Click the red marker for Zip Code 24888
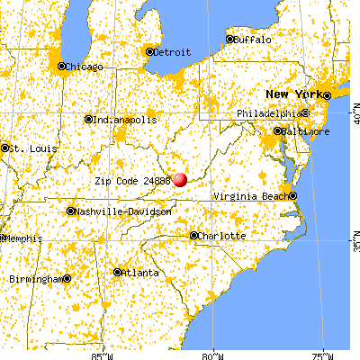180,179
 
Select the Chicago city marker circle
61,66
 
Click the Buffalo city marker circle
229,40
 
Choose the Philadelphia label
269,113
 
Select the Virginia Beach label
253,196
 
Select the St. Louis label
21,148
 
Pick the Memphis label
20,238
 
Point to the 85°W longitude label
103,355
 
